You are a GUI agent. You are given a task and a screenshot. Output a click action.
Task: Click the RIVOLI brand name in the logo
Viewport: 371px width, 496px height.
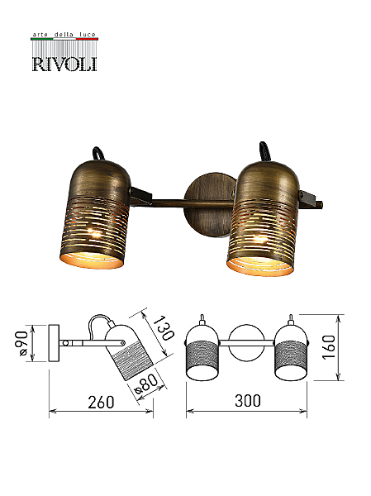tap(64, 64)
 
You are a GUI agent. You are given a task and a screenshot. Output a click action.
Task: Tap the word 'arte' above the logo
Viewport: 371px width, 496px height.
tap(40, 35)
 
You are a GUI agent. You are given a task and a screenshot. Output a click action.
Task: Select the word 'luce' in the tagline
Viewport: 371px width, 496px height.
tap(88, 35)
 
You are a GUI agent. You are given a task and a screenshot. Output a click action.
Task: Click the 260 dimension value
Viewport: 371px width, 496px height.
tap(101, 402)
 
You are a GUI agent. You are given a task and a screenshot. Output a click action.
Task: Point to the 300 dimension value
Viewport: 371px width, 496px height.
tap(248, 401)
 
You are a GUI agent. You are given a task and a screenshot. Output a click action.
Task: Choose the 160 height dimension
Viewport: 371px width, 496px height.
tap(329, 347)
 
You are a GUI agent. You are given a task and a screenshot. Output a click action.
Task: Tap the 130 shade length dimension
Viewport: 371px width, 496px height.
tap(164, 327)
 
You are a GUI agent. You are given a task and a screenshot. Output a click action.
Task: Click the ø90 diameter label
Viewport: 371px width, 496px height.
tap(22, 343)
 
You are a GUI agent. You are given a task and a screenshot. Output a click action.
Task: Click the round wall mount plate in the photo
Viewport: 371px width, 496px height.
tap(210, 205)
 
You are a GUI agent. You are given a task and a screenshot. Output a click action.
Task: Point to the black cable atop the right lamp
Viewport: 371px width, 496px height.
tap(264, 152)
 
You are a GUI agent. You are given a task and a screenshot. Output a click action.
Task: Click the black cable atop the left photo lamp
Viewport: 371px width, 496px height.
tap(99, 155)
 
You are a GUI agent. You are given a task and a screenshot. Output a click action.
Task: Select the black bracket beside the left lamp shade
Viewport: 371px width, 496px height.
tap(140, 195)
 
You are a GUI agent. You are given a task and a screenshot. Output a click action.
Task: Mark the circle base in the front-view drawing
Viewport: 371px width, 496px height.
tap(246, 342)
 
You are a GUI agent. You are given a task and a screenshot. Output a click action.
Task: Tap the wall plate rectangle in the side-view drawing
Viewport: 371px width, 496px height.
tap(54, 342)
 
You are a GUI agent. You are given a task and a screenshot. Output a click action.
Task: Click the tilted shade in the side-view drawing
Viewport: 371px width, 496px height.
tap(129, 352)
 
